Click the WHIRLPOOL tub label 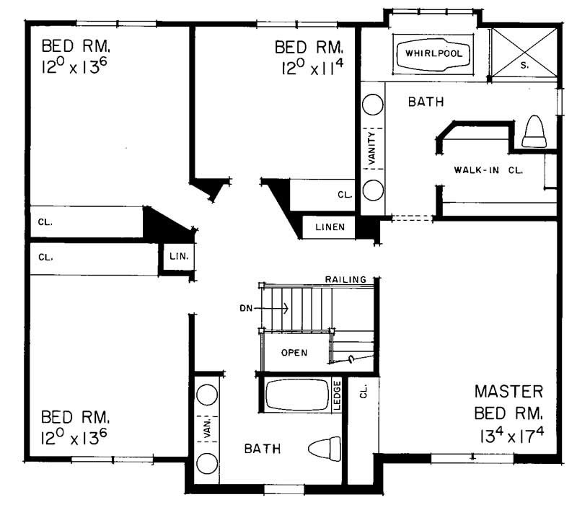click(432, 54)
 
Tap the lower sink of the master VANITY click(373, 190)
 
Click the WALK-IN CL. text click(488, 170)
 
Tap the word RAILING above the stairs click(345, 279)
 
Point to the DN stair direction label click(247, 309)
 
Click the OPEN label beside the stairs click(295, 353)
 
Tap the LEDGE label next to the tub click(337, 395)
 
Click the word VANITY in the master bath click(373, 147)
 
